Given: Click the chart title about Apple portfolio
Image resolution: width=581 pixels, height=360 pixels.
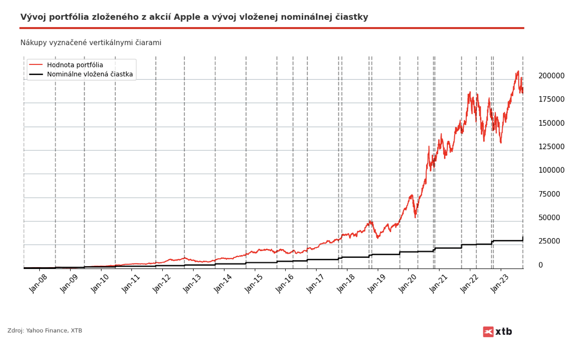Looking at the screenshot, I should [x=194, y=17].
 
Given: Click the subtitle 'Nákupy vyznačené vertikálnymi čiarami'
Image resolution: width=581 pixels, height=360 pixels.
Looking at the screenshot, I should [x=91, y=43].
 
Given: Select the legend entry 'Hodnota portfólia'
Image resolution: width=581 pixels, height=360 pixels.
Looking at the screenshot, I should [x=75, y=65].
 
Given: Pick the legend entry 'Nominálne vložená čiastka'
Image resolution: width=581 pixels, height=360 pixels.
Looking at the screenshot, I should [x=90, y=75].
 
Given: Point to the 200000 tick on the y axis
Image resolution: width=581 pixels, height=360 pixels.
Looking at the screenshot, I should [x=551, y=76].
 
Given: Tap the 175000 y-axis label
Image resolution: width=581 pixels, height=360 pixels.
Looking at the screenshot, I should [x=551, y=100].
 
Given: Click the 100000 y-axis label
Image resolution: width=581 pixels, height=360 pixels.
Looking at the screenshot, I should [x=551, y=170].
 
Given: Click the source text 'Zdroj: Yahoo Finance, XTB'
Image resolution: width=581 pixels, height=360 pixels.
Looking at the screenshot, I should [x=45, y=331].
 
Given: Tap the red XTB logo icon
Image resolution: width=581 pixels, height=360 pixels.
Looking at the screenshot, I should [x=488, y=332].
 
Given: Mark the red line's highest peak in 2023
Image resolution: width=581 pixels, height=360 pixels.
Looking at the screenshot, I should [x=518, y=71].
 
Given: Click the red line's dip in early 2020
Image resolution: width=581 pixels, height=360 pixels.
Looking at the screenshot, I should [x=415, y=217].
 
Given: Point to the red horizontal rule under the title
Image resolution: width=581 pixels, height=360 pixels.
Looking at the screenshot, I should [x=272, y=28].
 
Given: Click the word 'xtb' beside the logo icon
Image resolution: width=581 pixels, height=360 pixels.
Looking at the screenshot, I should [x=504, y=332].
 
